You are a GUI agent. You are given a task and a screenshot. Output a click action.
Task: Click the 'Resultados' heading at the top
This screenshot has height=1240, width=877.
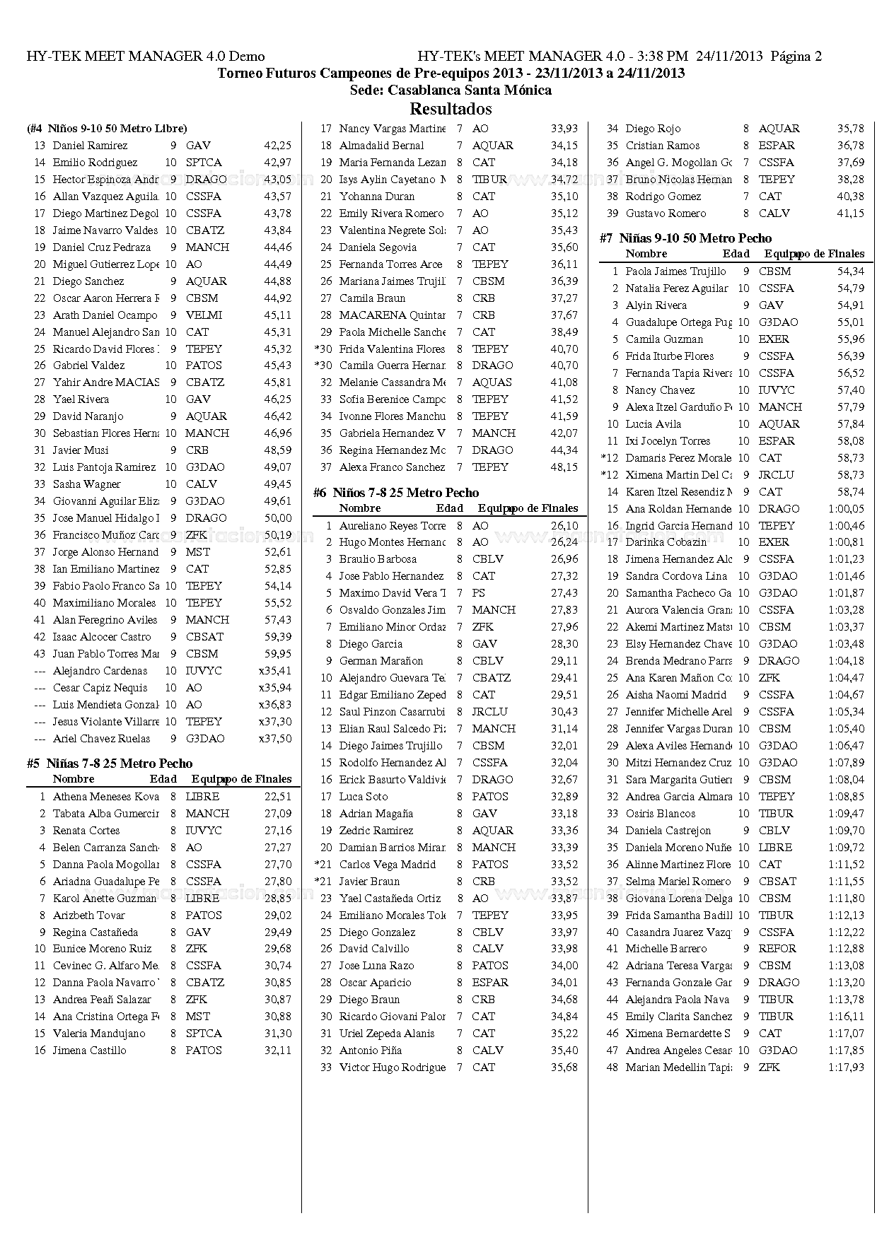[x=451, y=109]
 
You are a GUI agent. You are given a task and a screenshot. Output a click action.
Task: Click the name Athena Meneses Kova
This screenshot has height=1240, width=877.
[x=105, y=797]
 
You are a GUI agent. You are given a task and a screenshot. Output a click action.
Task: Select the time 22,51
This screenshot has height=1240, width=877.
[x=278, y=797]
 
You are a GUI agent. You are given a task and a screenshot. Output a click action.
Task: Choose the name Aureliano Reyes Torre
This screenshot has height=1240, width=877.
[x=392, y=526]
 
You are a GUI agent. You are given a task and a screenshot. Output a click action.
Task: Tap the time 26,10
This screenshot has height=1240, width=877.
[x=564, y=526]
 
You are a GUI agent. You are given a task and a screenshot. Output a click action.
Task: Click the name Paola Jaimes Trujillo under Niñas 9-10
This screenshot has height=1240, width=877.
[x=675, y=271]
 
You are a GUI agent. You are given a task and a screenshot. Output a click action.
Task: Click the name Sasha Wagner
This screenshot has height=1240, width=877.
[x=86, y=484]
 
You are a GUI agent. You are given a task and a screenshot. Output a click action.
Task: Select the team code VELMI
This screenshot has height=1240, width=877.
[x=204, y=315]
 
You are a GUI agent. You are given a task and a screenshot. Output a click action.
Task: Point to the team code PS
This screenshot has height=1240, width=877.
[x=479, y=593]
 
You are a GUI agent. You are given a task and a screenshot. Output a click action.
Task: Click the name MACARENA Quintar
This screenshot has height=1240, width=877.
[x=392, y=315]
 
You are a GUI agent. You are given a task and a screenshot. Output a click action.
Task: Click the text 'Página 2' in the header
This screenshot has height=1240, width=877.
[x=796, y=57]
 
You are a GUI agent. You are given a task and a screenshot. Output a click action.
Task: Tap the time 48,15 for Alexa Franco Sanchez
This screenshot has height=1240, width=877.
[x=564, y=467]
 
